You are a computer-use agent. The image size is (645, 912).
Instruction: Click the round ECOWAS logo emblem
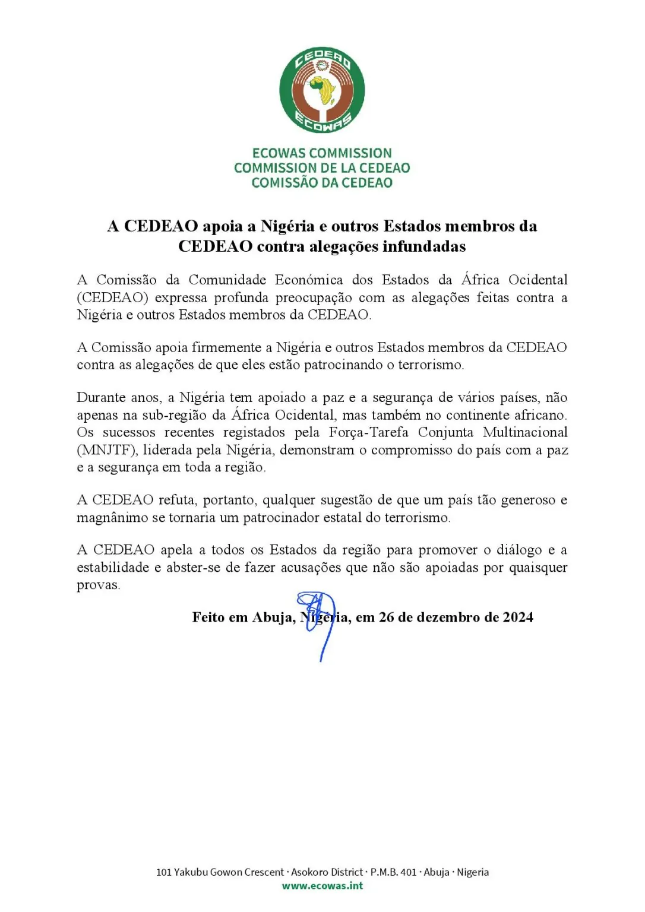coord(322,90)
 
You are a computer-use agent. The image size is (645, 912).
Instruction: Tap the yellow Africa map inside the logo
coord(325,90)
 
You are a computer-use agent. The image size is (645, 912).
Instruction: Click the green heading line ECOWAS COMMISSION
coord(322,153)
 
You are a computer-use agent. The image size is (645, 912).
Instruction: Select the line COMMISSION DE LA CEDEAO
coord(322,168)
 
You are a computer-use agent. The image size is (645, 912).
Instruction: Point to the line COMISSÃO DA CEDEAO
coord(322,183)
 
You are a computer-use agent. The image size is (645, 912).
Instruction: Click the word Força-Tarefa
coord(368,432)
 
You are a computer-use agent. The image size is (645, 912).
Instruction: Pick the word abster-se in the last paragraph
coord(194,568)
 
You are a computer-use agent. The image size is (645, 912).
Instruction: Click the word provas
coord(98,585)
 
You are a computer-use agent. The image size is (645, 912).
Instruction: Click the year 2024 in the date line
coord(518,617)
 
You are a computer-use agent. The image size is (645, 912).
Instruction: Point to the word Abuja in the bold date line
coord(273,617)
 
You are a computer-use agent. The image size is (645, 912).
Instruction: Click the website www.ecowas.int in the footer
coord(322,886)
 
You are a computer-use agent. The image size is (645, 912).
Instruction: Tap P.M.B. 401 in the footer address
coord(393,872)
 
